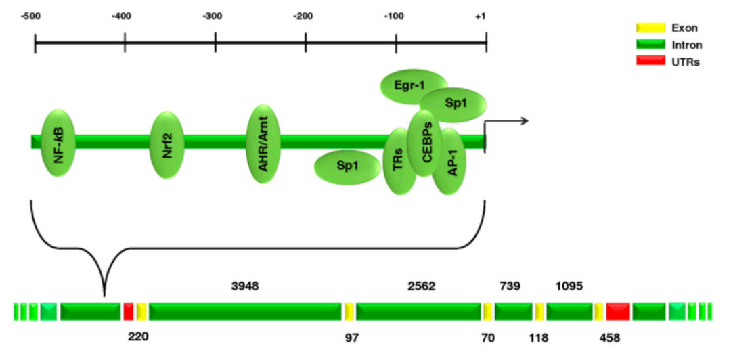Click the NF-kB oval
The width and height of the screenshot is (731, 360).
[x=58, y=143]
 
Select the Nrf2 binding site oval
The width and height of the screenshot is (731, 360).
[x=167, y=145]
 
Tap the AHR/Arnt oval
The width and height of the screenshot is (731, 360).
[x=264, y=143]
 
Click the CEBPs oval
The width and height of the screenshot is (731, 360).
[x=425, y=143]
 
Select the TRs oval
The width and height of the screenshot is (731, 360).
[x=399, y=161]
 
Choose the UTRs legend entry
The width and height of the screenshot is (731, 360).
[x=685, y=62]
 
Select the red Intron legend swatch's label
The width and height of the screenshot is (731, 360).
[x=686, y=45]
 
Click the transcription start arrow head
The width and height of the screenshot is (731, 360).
[x=524, y=121]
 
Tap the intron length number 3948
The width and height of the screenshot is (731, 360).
[x=245, y=286]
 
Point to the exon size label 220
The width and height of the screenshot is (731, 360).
[x=137, y=336]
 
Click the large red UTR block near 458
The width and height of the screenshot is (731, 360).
[x=618, y=311]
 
